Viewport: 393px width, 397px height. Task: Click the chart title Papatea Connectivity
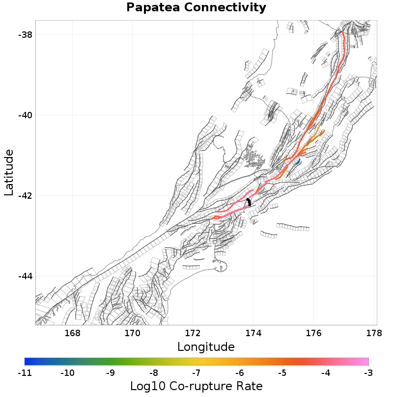(196, 8)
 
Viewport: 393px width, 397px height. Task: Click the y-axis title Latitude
(9, 173)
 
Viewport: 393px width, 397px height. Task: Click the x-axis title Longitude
(206, 347)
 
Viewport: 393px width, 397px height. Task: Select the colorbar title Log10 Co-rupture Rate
(196, 386)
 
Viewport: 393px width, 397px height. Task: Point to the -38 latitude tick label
(25, 35)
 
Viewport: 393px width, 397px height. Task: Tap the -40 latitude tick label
(25, 115)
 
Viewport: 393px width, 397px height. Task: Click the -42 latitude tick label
(25, 196)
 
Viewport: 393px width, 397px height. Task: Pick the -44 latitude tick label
(25, 276)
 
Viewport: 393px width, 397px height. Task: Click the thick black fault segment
(249, 201)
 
